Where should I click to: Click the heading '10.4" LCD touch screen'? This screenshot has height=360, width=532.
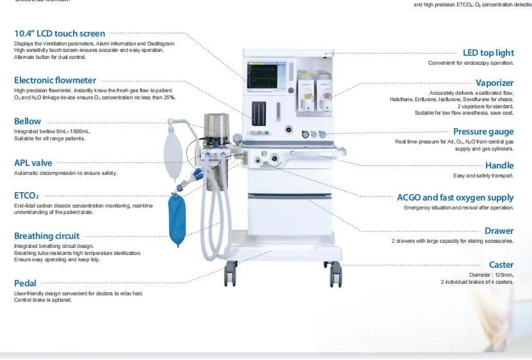(60, 33)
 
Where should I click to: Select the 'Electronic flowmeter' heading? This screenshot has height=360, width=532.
(55, 80)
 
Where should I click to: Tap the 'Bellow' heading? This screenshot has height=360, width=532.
(28, 121)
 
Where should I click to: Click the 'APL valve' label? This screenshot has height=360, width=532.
(33, 163)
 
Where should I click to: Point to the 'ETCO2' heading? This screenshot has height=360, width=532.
(27, 195)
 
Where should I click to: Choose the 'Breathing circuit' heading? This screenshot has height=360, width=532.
(47, 236)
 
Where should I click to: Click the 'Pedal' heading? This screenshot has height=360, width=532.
(25, 282)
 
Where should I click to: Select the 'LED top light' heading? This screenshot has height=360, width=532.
(488, 53)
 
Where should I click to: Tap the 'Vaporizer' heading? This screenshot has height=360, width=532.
(494, 83)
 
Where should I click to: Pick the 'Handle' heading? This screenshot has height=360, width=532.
(499, 165)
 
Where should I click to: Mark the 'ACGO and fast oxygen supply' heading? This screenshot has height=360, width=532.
(455, 197)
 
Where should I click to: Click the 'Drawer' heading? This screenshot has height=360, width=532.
(499, 231)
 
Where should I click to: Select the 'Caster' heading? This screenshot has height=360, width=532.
(501, 265)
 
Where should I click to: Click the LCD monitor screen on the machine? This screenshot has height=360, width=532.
(265, 76)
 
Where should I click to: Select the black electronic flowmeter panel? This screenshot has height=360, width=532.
(260, 113)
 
